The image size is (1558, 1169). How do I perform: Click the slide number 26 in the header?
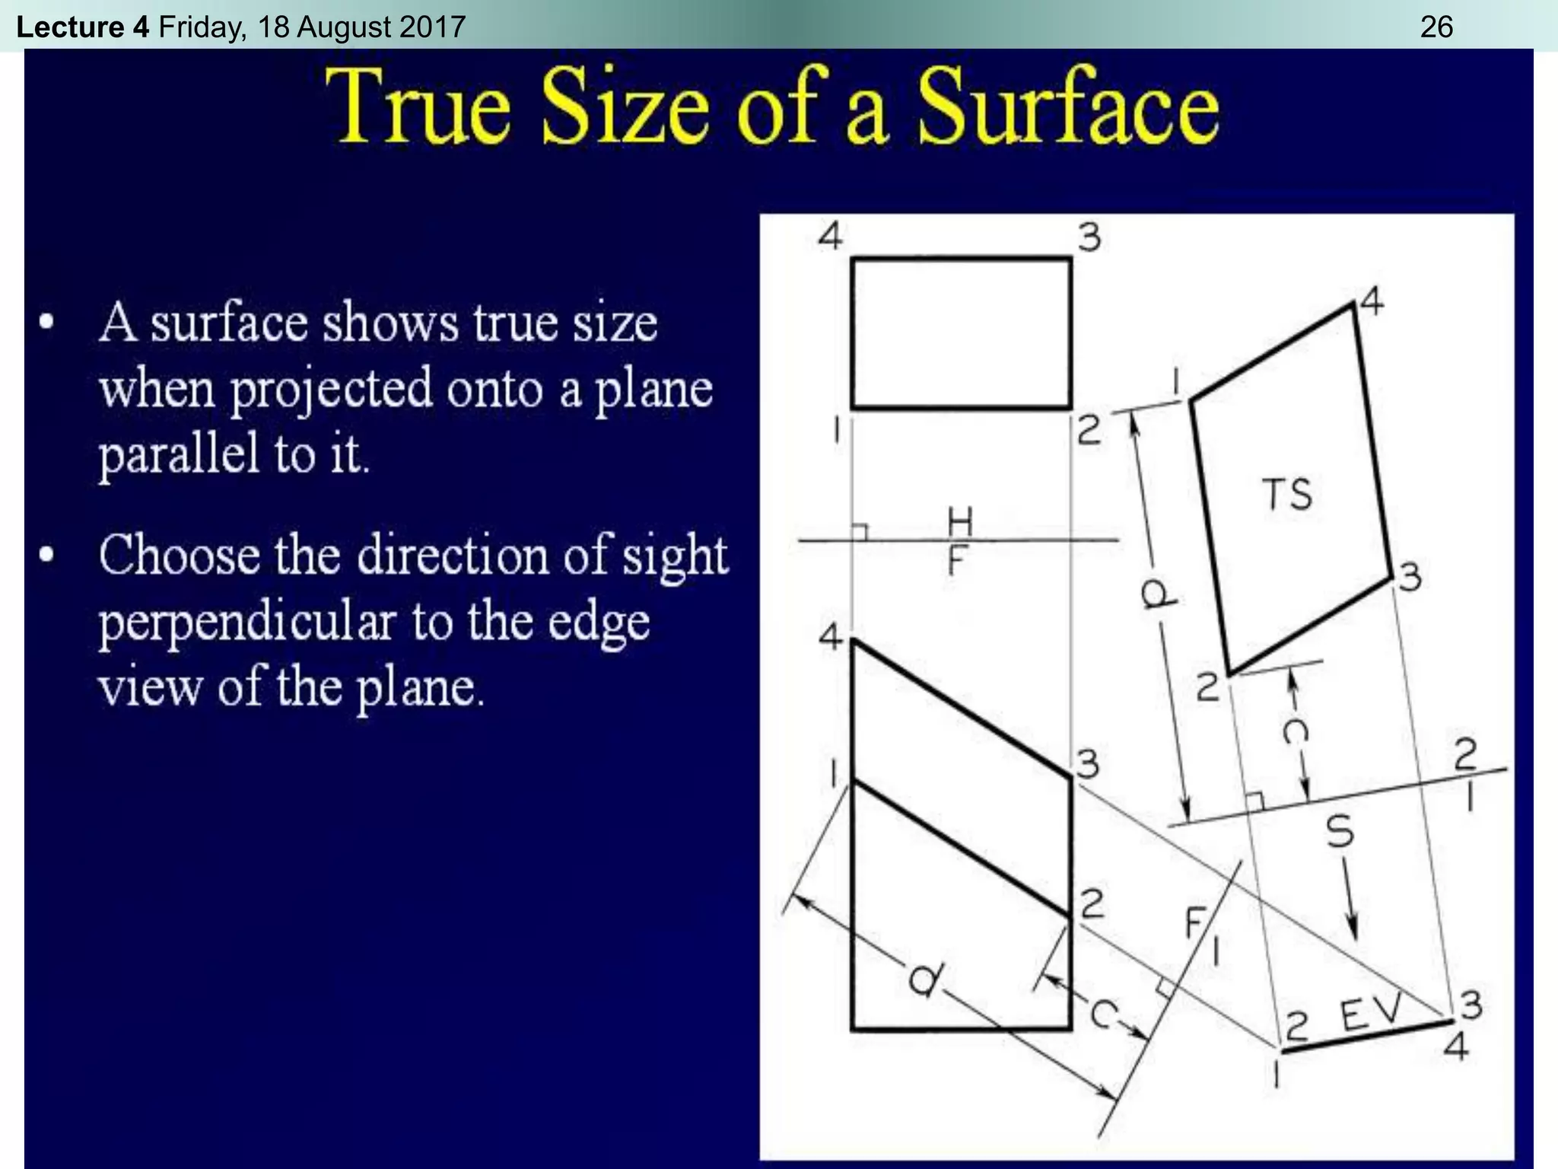click(x=1436, y=27)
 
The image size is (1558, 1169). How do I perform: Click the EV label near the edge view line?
click(x=1370, y=1013)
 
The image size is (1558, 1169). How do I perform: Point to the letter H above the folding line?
click(x=960, y=521)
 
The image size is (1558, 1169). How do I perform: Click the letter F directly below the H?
click(x=957, y=562)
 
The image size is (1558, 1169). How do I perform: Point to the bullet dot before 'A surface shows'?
click(x=47, y=323)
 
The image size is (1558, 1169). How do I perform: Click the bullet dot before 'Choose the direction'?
click(x=47, y=555)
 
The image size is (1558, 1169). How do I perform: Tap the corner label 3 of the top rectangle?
click(x=1089, y=237)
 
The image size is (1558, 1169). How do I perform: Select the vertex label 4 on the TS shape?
click(x=1372, y=302)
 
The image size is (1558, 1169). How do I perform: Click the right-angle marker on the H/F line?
click(x=860, y=532)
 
